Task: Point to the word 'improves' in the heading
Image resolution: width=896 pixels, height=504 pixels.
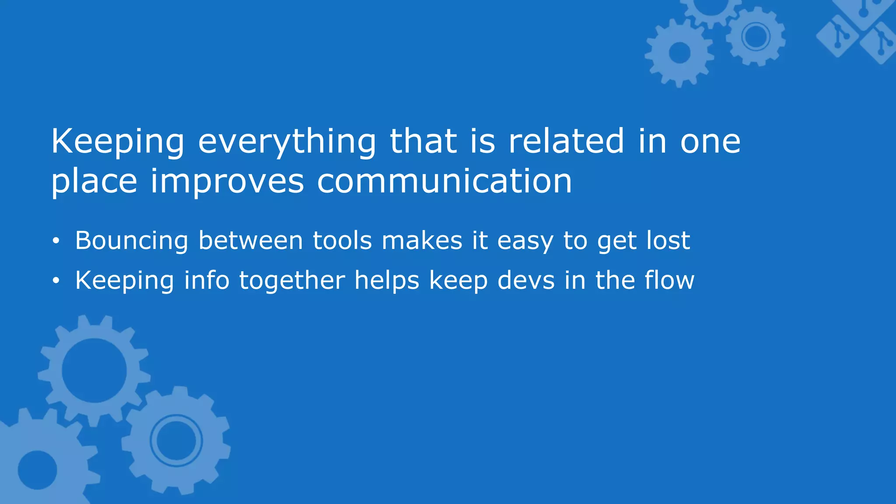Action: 227,182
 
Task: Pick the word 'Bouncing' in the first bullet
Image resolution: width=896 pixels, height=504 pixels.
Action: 132,241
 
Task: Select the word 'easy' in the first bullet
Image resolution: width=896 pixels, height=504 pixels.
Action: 525,241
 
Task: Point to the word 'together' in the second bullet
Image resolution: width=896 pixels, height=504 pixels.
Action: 292,281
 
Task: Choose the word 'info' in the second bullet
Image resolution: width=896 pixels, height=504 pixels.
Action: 206,280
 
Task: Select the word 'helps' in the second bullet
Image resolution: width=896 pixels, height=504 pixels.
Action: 386,281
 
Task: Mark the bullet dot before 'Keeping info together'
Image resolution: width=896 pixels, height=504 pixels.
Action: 55,281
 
